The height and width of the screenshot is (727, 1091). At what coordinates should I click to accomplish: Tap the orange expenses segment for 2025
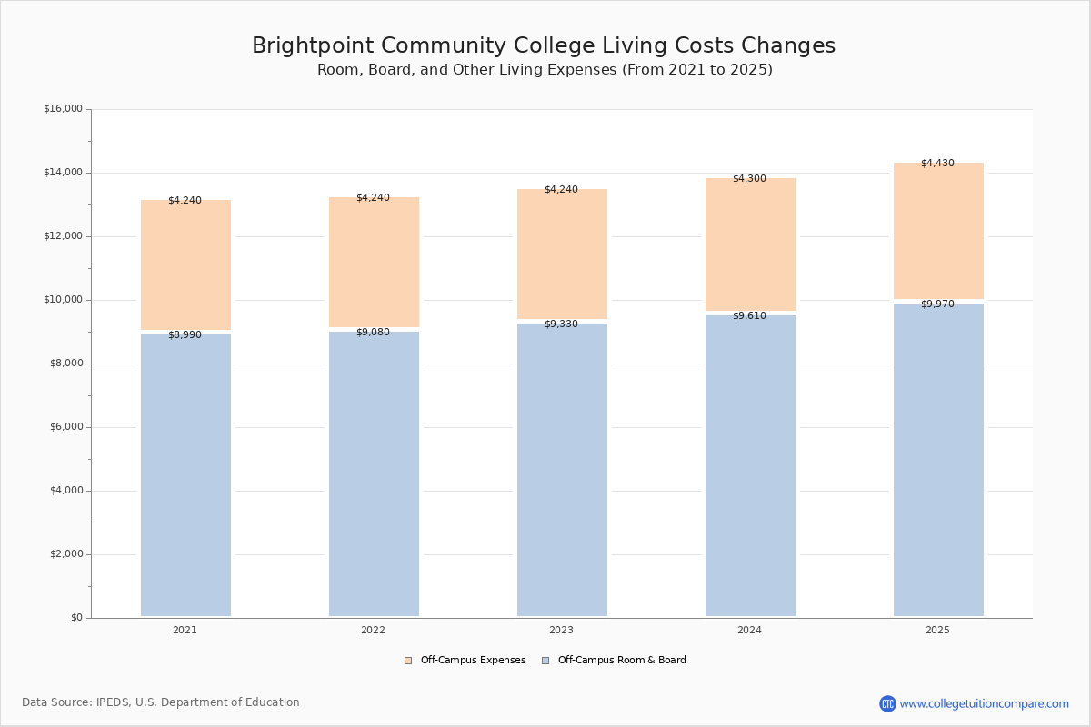[x=938, y=232]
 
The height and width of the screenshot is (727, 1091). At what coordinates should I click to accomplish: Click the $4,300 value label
[x=749, y=179]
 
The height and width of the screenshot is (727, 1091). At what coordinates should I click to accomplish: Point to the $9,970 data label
[x=937, y=304]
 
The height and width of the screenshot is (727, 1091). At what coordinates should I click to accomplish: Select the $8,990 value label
[x=185, y=335]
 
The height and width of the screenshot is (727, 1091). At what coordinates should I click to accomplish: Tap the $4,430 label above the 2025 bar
[x=937, y=164]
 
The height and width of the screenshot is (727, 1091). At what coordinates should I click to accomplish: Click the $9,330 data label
[x=561, y=324]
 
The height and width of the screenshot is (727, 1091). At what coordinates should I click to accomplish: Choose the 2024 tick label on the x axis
[x=749, y=630]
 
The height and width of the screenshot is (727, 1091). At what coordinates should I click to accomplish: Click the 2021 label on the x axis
[x=185, y=630]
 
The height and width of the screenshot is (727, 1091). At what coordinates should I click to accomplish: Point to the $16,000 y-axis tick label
[x=63, y=109]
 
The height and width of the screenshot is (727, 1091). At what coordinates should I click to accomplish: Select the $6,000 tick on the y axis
[x=65, y=427]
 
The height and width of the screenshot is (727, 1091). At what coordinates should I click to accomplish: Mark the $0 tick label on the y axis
[x=75, y=618]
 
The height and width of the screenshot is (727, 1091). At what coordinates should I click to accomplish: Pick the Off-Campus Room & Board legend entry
[x=621, y=661]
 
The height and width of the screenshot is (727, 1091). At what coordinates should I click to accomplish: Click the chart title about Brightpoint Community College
[x=544, y=46]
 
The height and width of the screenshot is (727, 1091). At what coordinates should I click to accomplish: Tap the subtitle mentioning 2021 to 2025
[x=545, y=70]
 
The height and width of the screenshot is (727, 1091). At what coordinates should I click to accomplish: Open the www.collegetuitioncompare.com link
[x=983, y=703]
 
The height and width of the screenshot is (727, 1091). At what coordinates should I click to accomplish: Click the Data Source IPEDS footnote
[x=161, y=702]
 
